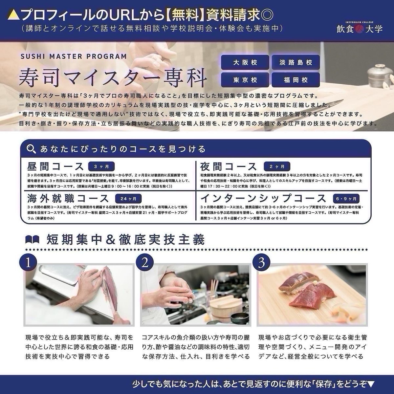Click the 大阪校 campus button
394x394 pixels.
(x=245, y=62)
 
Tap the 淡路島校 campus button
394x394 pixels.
(x=295, y=62)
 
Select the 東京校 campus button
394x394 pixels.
(x=245, y=80)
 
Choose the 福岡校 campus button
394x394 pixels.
(x=295, y=80)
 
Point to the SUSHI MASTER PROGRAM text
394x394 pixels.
(x=74, y=56)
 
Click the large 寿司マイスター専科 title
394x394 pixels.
(x=113, y=77)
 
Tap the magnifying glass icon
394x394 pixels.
(x=32, y=149)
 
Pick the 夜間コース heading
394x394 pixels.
(x=229, y=166)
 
